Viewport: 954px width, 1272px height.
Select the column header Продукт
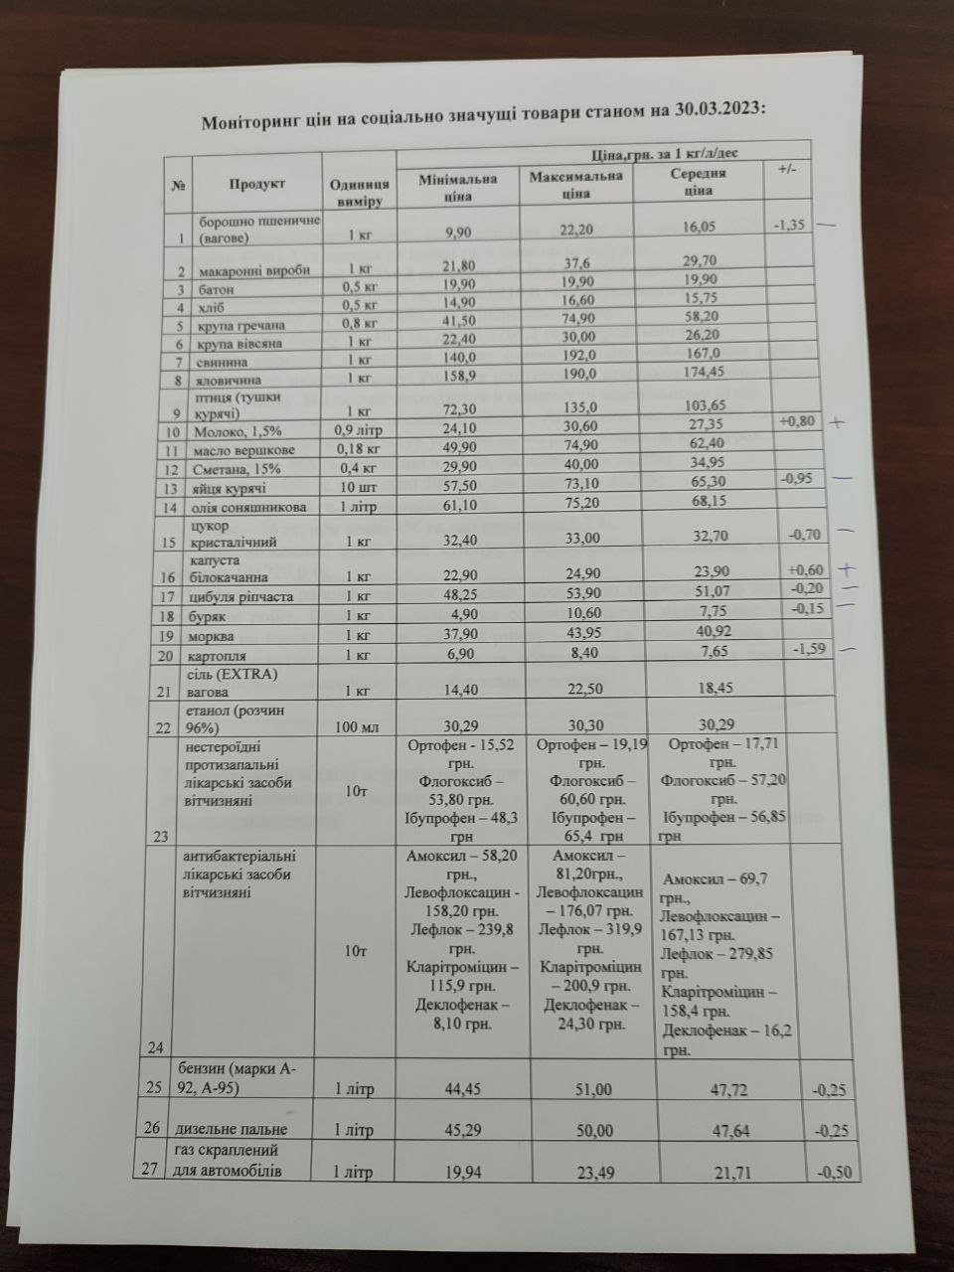(x=257, y=184)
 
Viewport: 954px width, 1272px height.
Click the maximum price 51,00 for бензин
(x=587, y=1089)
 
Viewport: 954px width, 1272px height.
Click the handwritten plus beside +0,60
(x=848, y=570)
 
